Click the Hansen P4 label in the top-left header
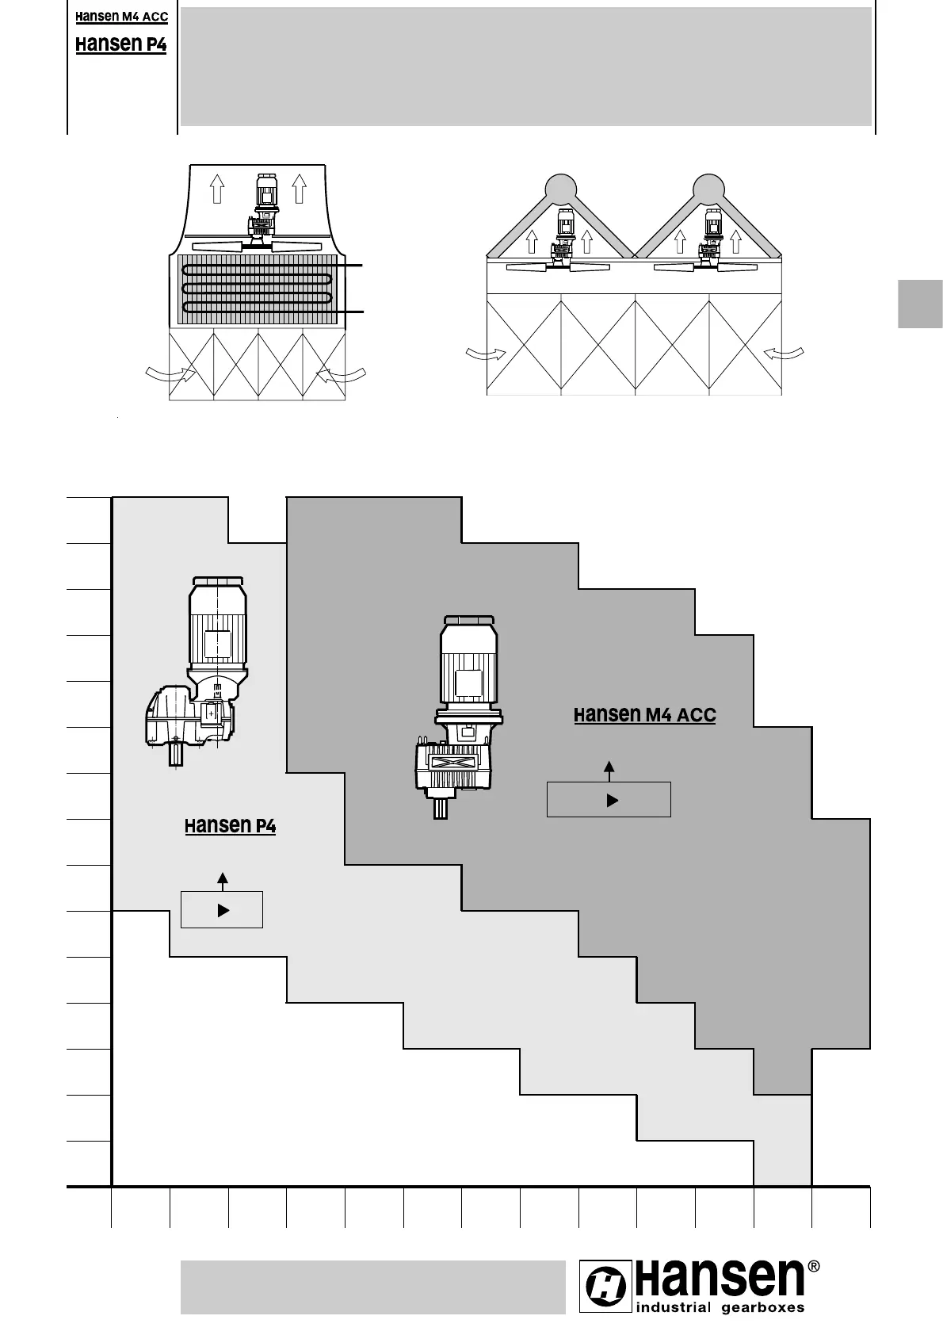click(x=121, y=44)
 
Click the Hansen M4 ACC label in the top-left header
click(x=121, y=17)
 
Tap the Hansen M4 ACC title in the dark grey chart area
click(x=644, y=715)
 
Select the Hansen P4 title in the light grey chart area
click(x=230, y=825)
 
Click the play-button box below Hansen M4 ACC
click(x=609, y=799)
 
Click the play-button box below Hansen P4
click(x=222, y=910)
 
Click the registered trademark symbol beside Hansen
click(x=812, y=1267)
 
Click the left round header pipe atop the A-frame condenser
click(x=560, y=188)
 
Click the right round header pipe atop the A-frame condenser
click(x=708, y=188)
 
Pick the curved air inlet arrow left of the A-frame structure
click(x=486, y=354)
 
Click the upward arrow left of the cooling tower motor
click(x=217, y=189)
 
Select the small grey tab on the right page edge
click(x=920, y=303)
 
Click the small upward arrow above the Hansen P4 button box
click(x=223, y=881)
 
